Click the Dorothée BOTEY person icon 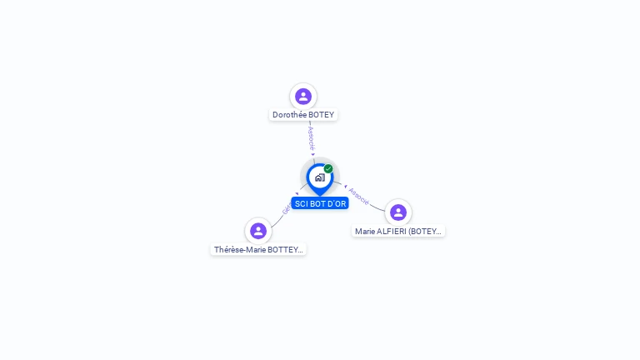(303, 97)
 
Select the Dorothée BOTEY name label (303, 115)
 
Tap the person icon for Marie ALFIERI (398, 212)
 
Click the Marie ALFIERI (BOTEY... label (398, 232)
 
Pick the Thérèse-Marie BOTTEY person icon (258, 231)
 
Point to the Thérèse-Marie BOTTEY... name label (258, 250)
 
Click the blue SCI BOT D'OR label (320, 203)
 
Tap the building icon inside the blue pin (319, 177)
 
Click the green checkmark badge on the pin (328, 168)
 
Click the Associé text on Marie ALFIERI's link (359, 196)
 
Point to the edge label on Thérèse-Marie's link (287, 208)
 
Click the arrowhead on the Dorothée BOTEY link (313, 154)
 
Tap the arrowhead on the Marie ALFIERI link (345, 186)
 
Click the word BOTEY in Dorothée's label (321, 115)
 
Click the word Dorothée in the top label (289, 115)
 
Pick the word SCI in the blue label (301, 203)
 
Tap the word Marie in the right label (365, 232)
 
